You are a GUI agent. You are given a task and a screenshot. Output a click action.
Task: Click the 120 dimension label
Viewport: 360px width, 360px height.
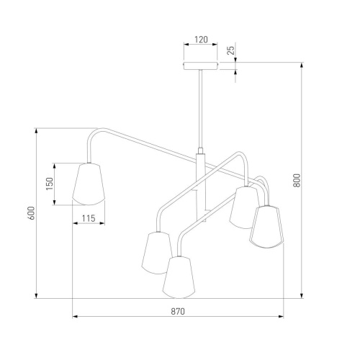click(201, 40)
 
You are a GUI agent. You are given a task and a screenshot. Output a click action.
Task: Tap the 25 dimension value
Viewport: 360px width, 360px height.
click(230, 50)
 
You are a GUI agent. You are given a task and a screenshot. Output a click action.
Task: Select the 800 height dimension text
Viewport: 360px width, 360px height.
click(297, 181)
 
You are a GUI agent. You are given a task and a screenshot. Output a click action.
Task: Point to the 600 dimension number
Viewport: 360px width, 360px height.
click(32, 213)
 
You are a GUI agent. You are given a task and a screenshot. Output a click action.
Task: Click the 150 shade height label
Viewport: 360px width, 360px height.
click(50, 184)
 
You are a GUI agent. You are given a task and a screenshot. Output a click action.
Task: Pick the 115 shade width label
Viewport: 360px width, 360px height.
click(89, 218)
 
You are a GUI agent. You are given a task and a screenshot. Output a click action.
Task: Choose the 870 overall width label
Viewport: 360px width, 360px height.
click(178, 311)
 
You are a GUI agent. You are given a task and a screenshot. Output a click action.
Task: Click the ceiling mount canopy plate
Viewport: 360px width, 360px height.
click(201, 66)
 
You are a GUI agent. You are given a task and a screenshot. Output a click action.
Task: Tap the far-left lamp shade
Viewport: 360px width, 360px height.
click(89, 184)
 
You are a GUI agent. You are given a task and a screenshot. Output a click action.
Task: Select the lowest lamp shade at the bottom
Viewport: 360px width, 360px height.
click(179, 277)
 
